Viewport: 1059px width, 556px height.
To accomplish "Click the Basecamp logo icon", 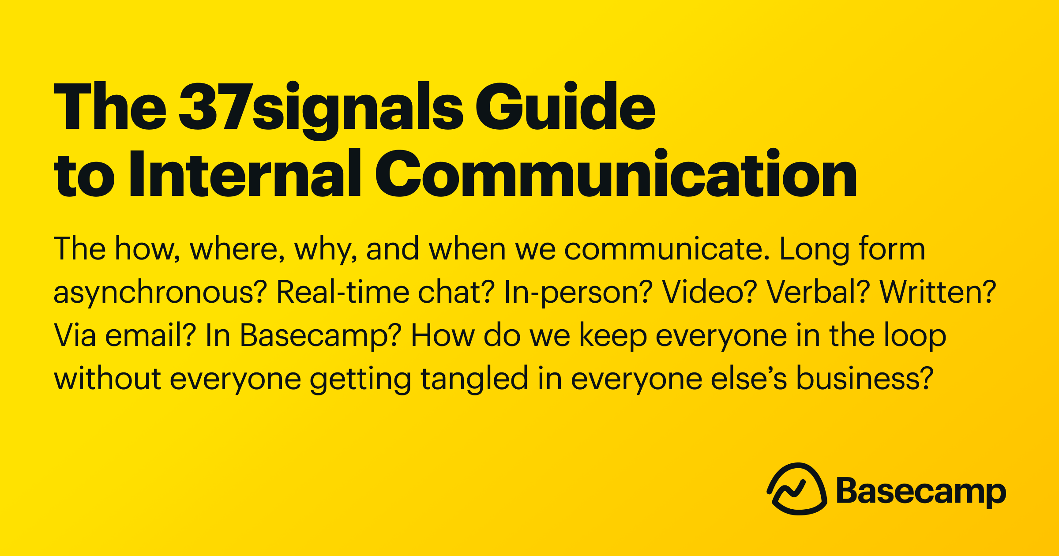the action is click(x=797, y=489).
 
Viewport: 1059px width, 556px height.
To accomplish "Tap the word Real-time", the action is click(x=342, y=291).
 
